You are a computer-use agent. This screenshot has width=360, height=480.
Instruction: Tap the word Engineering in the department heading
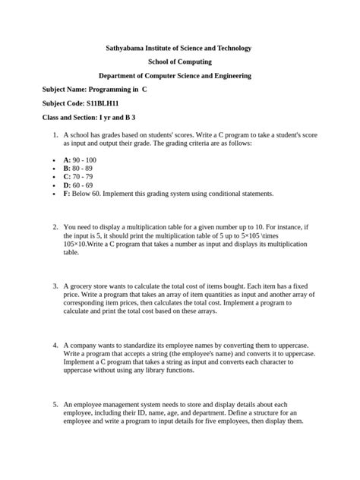(241, 76)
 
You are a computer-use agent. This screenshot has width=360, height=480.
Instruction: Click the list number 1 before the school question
(55, 134)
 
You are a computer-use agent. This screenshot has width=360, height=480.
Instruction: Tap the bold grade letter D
(67, 185)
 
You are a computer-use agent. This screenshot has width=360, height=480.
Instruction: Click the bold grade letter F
(66, 194)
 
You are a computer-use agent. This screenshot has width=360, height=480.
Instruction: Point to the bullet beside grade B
(46, 169)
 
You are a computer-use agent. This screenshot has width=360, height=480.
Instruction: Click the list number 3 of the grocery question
(55, 286)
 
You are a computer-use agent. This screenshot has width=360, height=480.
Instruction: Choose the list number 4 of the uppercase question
(55, 344)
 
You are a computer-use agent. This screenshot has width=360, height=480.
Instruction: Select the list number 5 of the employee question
(55, 404)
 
